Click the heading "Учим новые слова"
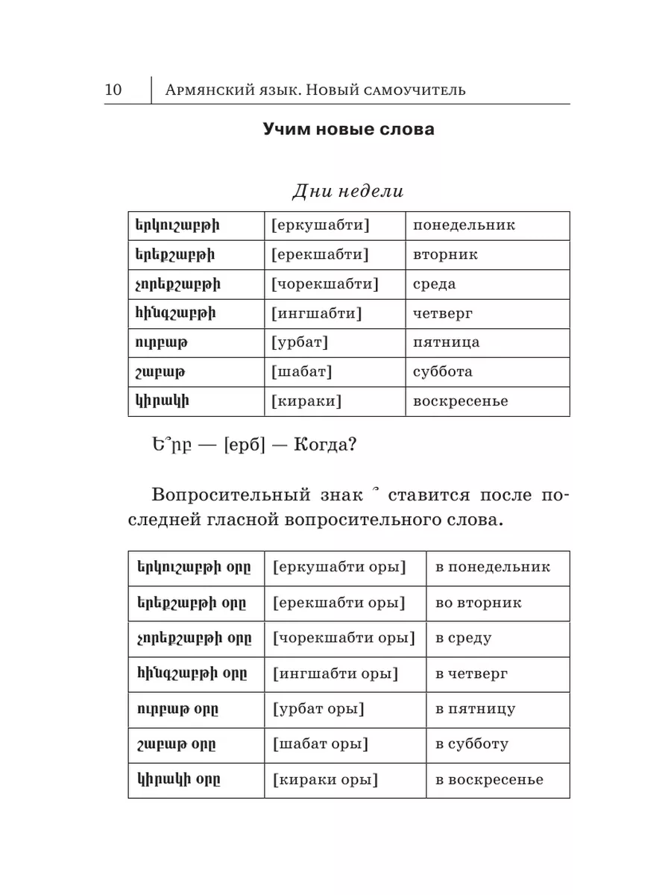(348, 129)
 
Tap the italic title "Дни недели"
(348, 191)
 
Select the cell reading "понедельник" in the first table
(464, 225)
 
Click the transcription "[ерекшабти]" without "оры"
(321, 254)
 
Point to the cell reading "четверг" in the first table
(443, 313)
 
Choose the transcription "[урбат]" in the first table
(301, 342)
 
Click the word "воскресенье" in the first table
(461, 401)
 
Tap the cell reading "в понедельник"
(493, 567)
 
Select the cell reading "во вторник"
(479, 603)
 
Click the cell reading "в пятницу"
(476, 709)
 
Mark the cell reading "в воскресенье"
(490, 780)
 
